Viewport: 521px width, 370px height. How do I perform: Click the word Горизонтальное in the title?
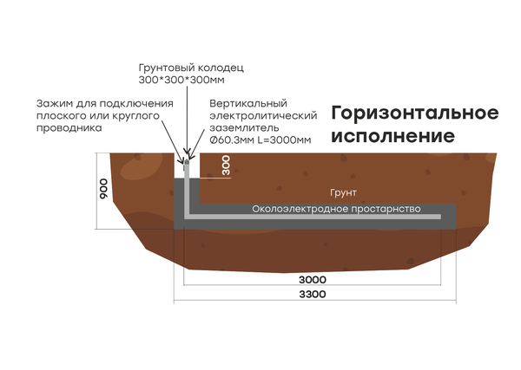[415, 114]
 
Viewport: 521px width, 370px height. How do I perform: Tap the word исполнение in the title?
[393, 136]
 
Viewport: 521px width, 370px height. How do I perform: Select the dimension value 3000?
[312, 280]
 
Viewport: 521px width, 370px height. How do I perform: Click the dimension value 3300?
[312, 295]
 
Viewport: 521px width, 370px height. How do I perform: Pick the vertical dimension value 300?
[227, 166]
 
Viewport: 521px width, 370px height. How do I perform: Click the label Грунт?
[344, 192]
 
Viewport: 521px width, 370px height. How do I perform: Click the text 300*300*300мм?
[182, 80]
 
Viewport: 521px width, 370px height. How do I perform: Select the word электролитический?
[260, 115]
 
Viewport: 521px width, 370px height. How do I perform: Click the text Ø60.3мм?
[229, 140]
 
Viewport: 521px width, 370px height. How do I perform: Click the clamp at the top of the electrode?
[185, 159]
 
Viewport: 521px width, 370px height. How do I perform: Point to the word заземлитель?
[242, 127]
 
